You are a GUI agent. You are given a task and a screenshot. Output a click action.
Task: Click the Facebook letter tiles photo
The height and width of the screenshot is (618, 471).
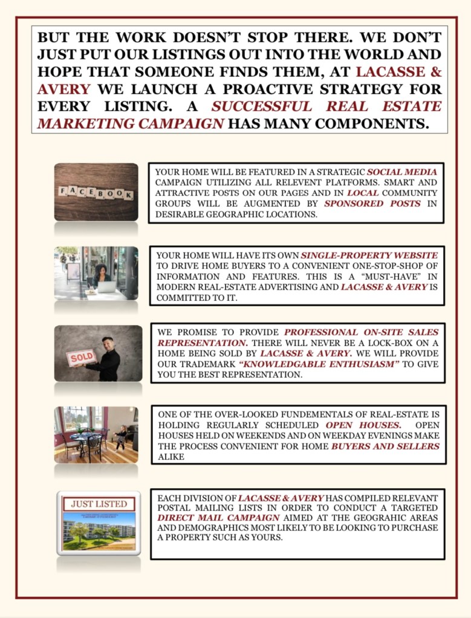click(x=96, y=192)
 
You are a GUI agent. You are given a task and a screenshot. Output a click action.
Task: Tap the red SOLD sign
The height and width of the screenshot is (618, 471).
click(x=81, y=358)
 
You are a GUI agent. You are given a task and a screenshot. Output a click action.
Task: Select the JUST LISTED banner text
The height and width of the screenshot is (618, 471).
click(x=99, y=504)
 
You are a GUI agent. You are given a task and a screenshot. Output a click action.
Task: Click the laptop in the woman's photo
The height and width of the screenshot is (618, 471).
click(x=106, y=286)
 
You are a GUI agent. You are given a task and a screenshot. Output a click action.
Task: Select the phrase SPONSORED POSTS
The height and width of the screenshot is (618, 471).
click(x=372, y=204)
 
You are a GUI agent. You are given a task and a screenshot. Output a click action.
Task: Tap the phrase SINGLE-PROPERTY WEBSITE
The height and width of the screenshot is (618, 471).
click(x=369, y=256)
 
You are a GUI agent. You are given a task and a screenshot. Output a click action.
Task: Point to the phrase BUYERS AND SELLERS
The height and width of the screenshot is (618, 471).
click(x=385, y=446)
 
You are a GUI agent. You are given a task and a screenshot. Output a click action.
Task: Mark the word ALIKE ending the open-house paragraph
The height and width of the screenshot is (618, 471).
click(x=171, y=457)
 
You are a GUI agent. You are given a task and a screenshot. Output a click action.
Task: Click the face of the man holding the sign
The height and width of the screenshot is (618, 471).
click(x=108, y=343)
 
